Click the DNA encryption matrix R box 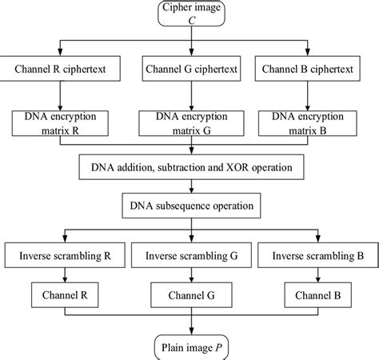click(64, 123)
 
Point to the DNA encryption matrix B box click(317, 123)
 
